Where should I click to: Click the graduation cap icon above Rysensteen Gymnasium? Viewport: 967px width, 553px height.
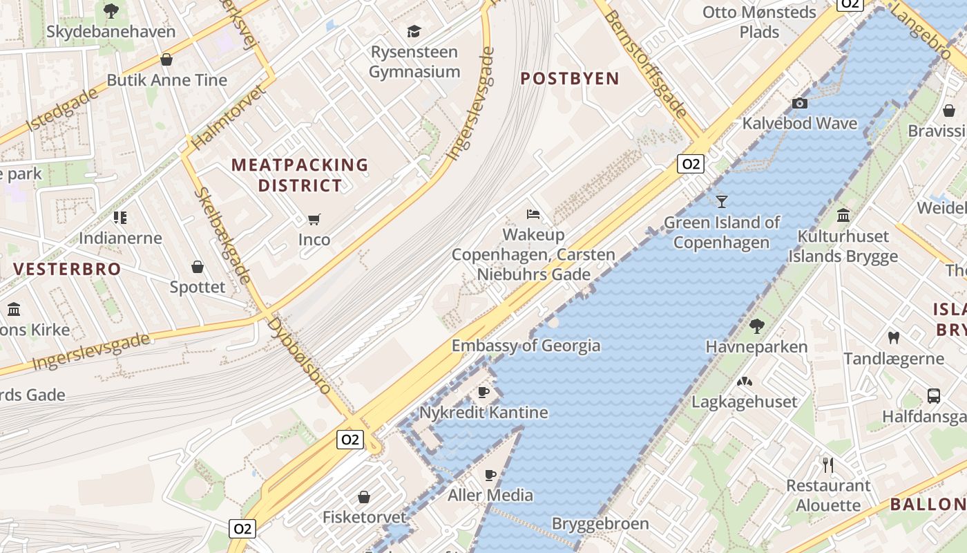(414, 31)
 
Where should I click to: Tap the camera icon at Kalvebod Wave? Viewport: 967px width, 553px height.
(800, 103)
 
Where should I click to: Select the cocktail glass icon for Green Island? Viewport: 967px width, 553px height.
(722, 201)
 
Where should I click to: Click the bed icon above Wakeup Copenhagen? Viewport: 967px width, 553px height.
(533, 214)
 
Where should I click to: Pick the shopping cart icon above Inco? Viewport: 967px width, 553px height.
(314, 219)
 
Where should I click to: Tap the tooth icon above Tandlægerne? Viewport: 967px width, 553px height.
(893, 337)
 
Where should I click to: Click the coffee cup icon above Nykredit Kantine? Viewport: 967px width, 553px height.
(483, 392)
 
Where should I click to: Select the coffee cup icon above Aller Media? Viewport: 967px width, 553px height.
(490, 474)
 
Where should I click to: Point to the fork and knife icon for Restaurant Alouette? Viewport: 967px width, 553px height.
(828, 464)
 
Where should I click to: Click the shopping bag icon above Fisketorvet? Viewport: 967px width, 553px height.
(364, 496)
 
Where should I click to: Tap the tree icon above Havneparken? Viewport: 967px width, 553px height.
(756, 325)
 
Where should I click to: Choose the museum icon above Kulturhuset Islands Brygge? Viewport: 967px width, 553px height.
(843, 215)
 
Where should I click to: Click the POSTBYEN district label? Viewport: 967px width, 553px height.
(570, 78)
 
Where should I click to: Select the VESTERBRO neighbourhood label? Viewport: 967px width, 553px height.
(67, 269)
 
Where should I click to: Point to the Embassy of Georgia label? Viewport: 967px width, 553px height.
(526, 346)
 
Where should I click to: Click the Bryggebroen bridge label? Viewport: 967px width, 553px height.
(600, 523)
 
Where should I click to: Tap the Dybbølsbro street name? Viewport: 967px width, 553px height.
(300, 355)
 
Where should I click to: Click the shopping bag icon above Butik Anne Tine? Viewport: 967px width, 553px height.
(166, 59)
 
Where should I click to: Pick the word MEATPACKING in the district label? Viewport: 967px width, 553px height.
(300, 165)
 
